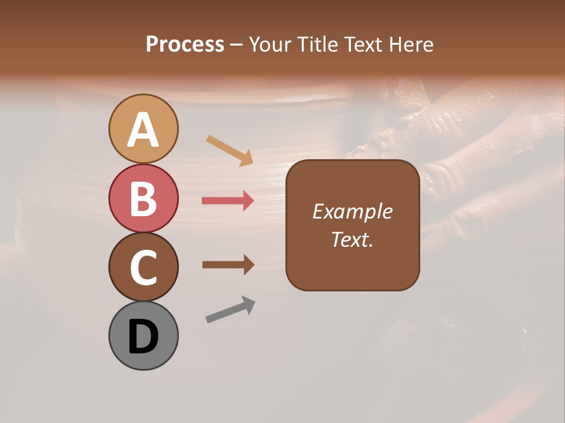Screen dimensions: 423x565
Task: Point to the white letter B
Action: tap(144, 199)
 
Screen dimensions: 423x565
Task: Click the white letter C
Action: tap(144, 267)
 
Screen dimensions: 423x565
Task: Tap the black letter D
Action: tap(144, 336)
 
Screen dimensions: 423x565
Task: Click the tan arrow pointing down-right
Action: tap(230, 150)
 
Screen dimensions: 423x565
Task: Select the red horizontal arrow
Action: tap(228, 201)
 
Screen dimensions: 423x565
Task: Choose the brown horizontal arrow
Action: tap(228, 265)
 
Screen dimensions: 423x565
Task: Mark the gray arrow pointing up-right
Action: tap(230, 310)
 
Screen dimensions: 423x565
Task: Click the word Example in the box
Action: tap(353, 211)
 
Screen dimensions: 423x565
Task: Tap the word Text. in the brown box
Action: tap(353, 239)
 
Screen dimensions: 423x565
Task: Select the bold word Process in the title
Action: tap(185, 44)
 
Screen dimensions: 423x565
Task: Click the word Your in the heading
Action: tap(270, 44)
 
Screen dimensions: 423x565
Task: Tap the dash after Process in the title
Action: tap(237, 45)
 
